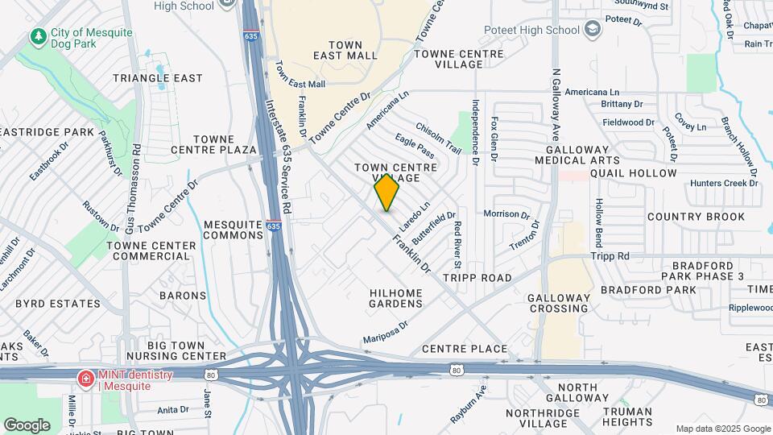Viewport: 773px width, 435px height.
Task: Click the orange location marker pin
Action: [x=387, y=192]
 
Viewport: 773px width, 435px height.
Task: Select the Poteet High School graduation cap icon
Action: [x=593, y=30]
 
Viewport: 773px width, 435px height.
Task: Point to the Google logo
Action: [x=27, y=425]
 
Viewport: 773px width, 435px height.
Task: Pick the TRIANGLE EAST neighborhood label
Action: [x=158, y=78]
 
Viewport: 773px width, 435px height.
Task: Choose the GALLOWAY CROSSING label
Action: [x=557, y=303]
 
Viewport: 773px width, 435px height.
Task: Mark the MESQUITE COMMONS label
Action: [x=234, y=230]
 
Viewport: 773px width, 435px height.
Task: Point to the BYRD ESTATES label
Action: [x=59, y=304]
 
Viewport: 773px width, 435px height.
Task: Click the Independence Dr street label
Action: [x=476, y=133]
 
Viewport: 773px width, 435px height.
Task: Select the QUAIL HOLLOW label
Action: [x=633, y=173]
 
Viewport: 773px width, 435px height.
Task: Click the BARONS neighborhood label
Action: [x=183, y=296]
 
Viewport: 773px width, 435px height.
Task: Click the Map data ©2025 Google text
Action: [x=722, y=429]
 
